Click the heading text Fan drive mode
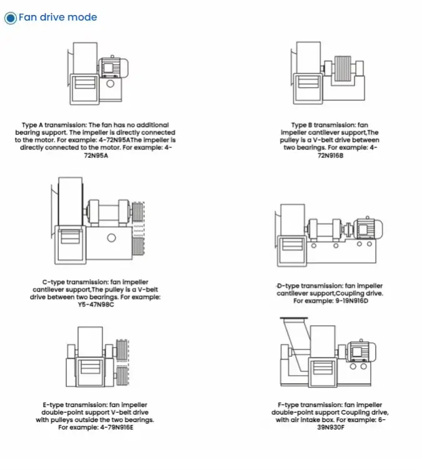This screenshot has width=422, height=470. [58, 17]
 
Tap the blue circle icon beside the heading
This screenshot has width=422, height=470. [11, 17]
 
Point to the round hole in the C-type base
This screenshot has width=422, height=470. [111, 237]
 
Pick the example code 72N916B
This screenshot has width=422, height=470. [330, 155]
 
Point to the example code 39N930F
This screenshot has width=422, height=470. [329, 427]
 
